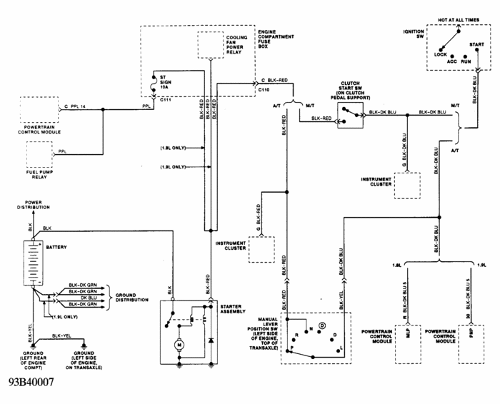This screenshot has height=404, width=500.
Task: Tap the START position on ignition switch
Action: click(477, 45)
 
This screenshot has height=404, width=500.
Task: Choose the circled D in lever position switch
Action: click(322, 325)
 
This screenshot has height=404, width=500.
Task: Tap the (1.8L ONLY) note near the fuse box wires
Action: click(173, 148)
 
